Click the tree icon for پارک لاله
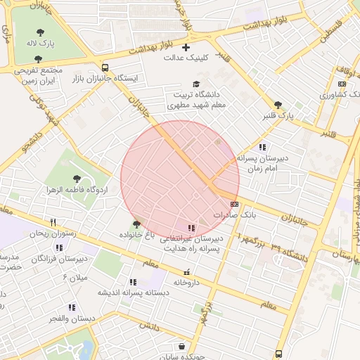tap(39, 31)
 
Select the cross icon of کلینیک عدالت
tap(186, 48)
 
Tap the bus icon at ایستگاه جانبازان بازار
tap(105, 68)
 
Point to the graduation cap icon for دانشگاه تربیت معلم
tap(196, 84)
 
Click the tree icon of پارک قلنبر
tap(278, 104)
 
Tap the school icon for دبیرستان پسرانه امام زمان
tap(262, 147)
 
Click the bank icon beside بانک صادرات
tap(235, 204)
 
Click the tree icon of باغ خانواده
tap(136, 224)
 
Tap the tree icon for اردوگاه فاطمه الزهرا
tap(77, 179)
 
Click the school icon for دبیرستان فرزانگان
tap(58, 247)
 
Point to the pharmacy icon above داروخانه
tap(186, 273)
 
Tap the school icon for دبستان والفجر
tap(72, 307)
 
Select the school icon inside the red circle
tap(191, 228)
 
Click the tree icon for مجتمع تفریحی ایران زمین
tap(38, 60)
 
